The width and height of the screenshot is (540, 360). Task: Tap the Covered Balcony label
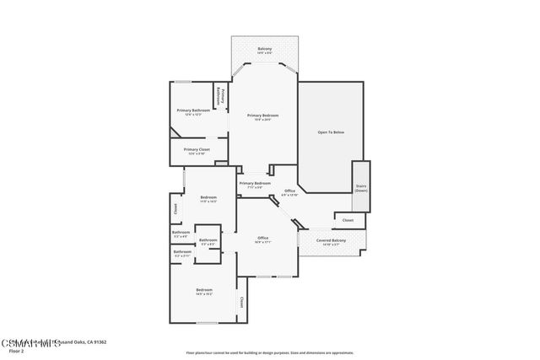[x=331, y=241]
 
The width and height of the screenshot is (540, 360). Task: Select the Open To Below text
[x=331, y=132]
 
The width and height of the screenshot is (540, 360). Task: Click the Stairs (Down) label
[x=361, y=189]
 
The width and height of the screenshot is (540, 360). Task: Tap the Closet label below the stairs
[x=348, y=220]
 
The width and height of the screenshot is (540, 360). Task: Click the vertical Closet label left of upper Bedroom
[x=175, y=207]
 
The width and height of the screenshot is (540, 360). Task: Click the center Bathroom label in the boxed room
[x=208, y=240]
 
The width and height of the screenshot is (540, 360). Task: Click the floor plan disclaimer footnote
[x=269, y=353]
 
